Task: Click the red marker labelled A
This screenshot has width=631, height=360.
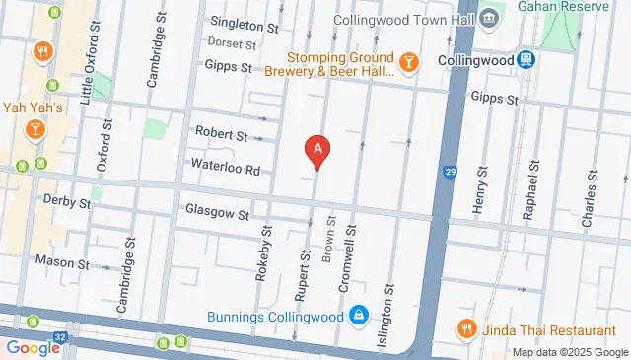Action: click(317, 150)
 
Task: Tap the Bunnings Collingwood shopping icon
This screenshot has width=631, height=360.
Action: click(360, 317)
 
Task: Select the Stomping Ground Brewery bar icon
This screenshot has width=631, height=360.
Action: click(409, 64)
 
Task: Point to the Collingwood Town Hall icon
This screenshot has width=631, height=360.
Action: click(490, 19)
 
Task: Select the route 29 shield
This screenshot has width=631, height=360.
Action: click(451, 173)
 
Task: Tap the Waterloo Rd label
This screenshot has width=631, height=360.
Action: click(226, 169)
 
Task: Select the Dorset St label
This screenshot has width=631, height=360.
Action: click(232, 43)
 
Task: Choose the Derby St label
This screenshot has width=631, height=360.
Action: click(67, 200)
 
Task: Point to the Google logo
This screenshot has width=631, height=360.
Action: click(33, 347)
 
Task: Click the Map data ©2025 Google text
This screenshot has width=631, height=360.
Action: click(569, 352)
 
